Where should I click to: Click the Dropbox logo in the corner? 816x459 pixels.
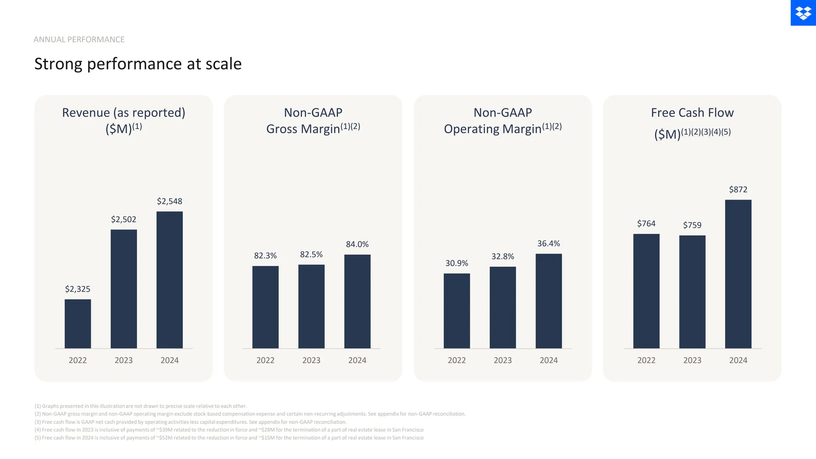pyautogui.click(x=803, y=13)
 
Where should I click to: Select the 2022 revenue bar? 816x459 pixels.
pyautogui.click(x=78, y=324)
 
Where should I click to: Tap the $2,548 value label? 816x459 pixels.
pyautogui.click(x=169, y=201)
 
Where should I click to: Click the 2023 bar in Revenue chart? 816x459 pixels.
pyautogui.click(x=124, y=289)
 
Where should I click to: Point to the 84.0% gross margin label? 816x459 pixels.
pyautogui.click(x=357, y=244)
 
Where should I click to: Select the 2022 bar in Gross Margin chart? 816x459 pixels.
pyautogui.click(x=265, y=307)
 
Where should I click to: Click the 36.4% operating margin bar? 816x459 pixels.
pyautogui.click(x=549, y=301)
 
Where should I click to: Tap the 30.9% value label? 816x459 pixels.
pyautogui.click(x=457, y=263)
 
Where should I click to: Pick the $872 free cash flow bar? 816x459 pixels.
pyautogui.click(x=738, y=274)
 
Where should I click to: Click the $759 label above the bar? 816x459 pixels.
pyautogui.click(x=692, y=225)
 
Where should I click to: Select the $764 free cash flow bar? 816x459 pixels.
pyautogui.click(x=646, y=291)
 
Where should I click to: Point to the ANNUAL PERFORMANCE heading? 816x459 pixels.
pyautogui.click(x=79, y=39)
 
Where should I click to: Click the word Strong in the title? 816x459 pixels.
pyautogui.click(x=58, y=64)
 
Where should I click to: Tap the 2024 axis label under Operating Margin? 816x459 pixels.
pyautogui.click(x=549, y=360)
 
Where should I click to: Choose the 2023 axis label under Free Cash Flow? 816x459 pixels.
pyautogui.click(x=692, y=360)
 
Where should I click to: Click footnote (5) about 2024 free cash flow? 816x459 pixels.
pyautogui.click(x=229, y=437)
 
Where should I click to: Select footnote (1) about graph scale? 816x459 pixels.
pyautogui.click(x=141, y=406)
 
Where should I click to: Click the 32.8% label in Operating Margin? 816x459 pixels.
pyautogui.click(x=502, y=257)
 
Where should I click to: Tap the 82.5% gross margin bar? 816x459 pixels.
pyautogui.click(x=311, y=306)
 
